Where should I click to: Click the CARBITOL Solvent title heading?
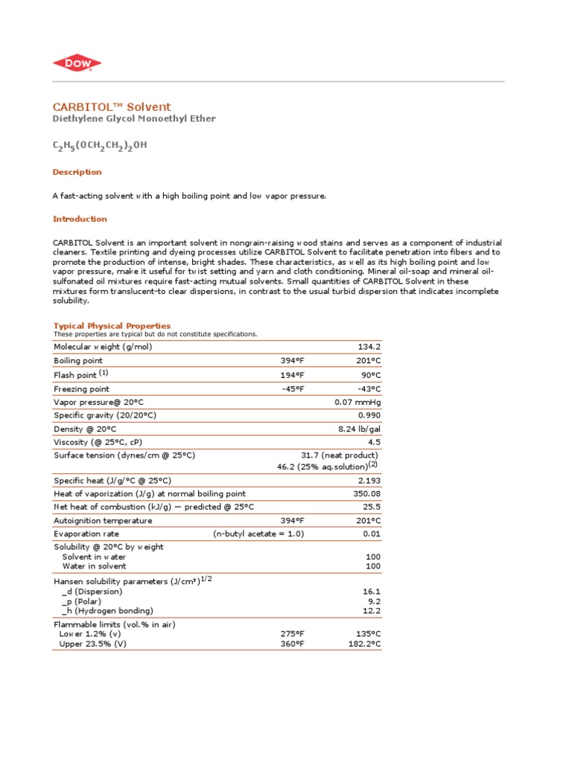pos(112,107)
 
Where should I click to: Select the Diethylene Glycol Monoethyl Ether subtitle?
pos(134,119)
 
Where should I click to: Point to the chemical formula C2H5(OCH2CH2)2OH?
pos(100,146)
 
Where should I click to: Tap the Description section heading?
pos(77,172)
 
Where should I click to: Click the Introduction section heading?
pos(80,219)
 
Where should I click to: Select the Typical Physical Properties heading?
pos(112,326)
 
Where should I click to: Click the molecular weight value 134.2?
pos(369,347)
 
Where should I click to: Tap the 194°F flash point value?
pos(292,374)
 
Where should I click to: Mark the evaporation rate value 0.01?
pos(372,534)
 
